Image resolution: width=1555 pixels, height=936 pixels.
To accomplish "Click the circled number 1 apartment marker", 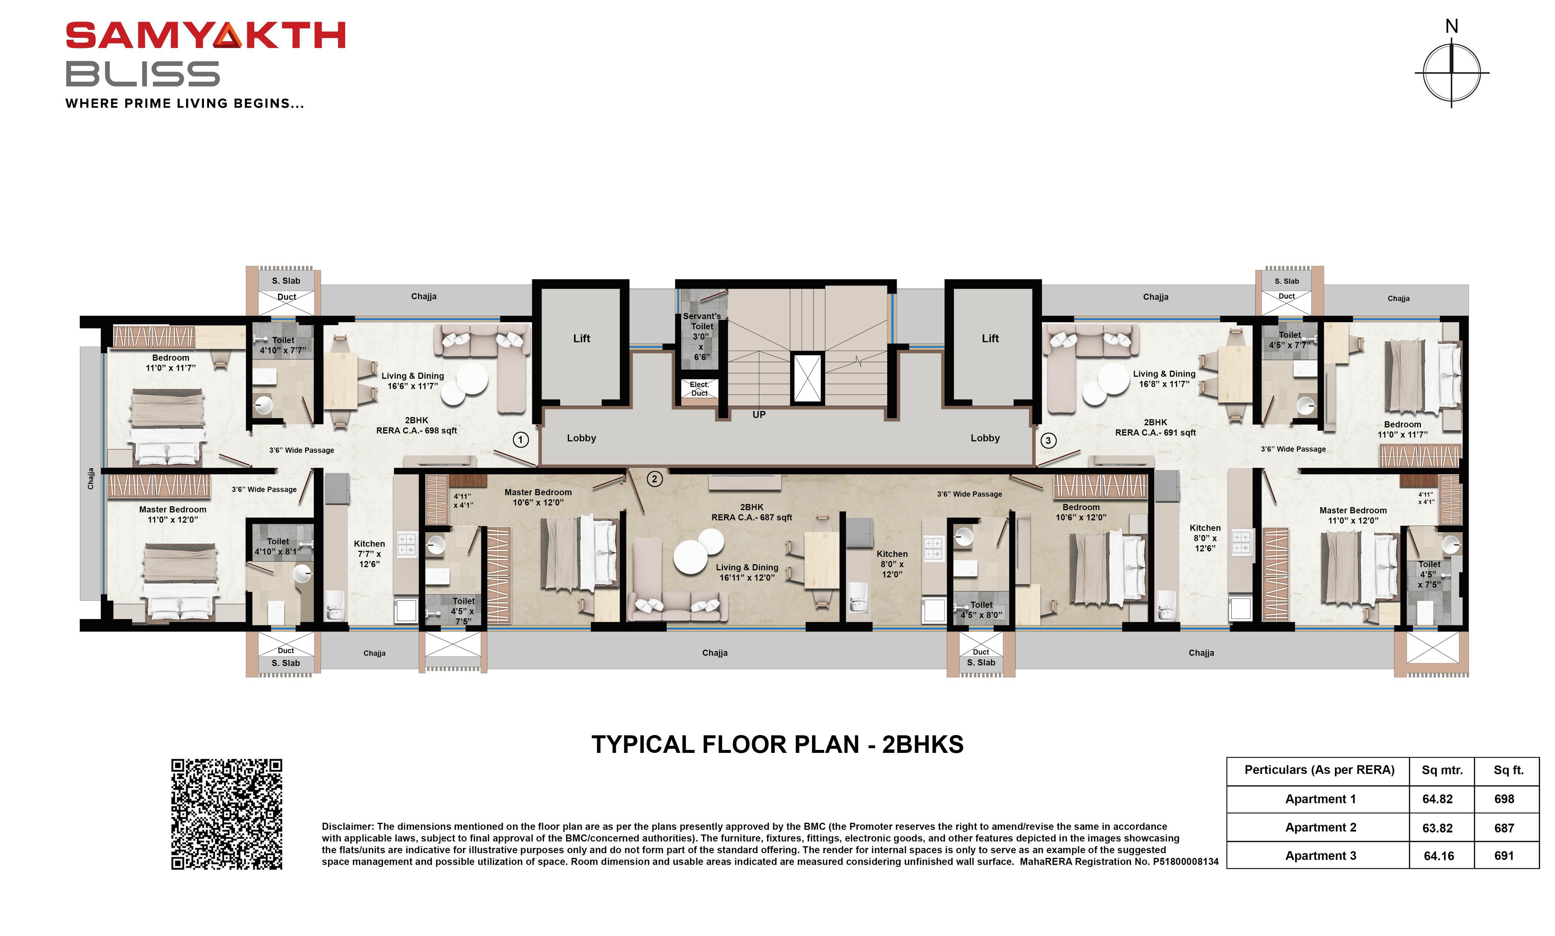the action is point(520,440).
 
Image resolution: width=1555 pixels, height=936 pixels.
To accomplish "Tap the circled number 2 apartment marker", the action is point(654,479).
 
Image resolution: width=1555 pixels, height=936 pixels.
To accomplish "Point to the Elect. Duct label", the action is point(699,389).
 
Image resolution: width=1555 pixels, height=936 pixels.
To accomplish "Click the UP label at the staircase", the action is point(759,414).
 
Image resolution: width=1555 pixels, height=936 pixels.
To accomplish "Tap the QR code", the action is point(227,814).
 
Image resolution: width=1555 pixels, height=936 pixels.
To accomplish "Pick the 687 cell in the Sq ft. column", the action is point(1504,828).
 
